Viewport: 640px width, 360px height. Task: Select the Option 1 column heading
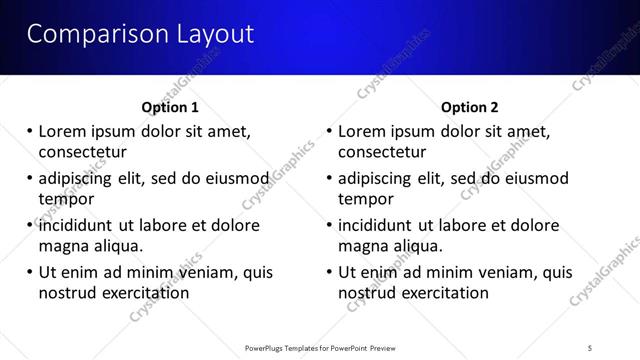[170, 107]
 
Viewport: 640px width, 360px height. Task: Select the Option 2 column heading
[470, 107]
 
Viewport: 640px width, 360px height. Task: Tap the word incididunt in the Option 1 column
[79, 226]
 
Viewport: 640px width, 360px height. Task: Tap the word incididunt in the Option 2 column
[379, 226]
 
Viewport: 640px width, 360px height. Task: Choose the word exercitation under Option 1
[143, 293]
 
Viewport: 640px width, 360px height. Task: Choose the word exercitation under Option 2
[443, 293]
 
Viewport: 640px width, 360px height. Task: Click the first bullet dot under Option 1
[30, 131]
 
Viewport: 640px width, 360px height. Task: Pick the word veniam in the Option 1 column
[207, 272]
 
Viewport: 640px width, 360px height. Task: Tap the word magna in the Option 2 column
[362, 246]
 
